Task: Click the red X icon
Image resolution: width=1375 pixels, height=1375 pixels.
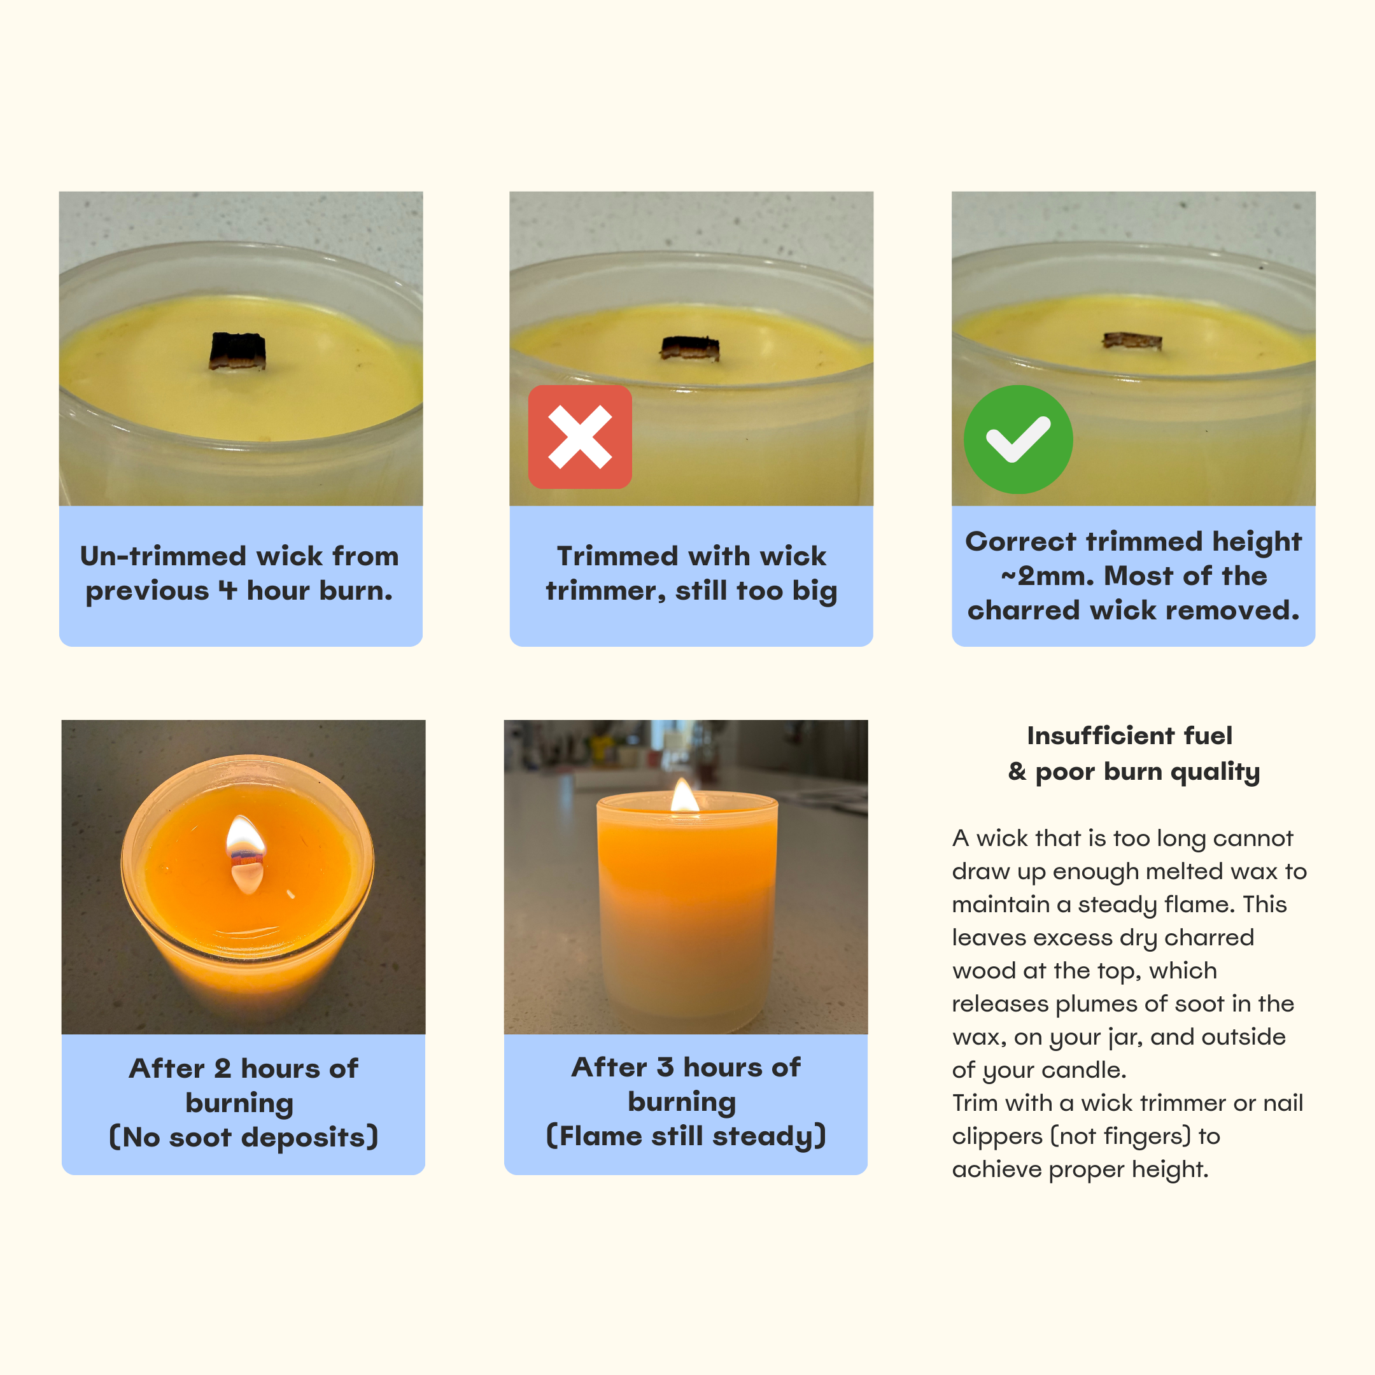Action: tap(579, 437)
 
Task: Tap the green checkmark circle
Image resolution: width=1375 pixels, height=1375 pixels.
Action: tap(1018, 439)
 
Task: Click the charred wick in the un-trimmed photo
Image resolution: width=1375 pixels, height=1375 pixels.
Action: tap(237, 351)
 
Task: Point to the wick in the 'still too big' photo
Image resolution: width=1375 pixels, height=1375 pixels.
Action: tap(689, 348)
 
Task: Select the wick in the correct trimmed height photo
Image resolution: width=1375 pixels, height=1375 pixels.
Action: tap(1132, 342)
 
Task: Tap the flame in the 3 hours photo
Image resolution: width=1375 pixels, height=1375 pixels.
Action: tap(685, 795)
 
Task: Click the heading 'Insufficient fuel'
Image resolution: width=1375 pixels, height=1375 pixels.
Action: tap(1129, 735)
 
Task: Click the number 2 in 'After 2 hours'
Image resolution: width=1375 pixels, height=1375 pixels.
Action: tap(223, 1068)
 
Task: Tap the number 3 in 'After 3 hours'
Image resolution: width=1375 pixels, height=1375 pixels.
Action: tap(665, 1067)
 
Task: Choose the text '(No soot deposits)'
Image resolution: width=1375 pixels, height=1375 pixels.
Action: tap(243, 1136)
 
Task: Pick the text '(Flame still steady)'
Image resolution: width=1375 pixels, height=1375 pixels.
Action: tap(686, 1135)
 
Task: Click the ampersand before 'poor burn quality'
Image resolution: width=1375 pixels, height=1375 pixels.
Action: tap(1017, 772)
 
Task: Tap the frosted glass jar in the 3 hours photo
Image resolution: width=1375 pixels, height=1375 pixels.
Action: tap(687, 911)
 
